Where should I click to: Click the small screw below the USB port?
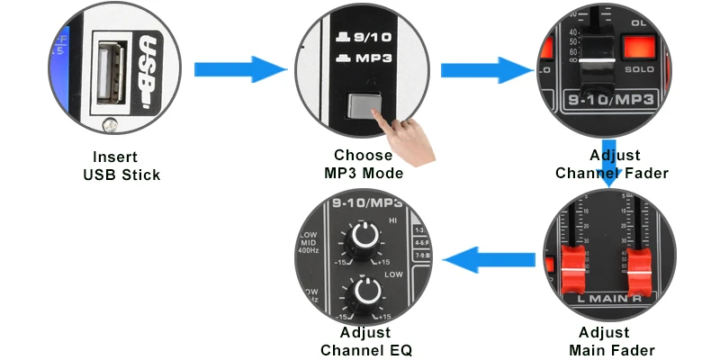click(110, 124)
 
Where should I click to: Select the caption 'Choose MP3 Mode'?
click(363, 164)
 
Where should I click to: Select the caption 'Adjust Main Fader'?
click(612, 341)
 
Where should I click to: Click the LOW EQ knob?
click(365, 292)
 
